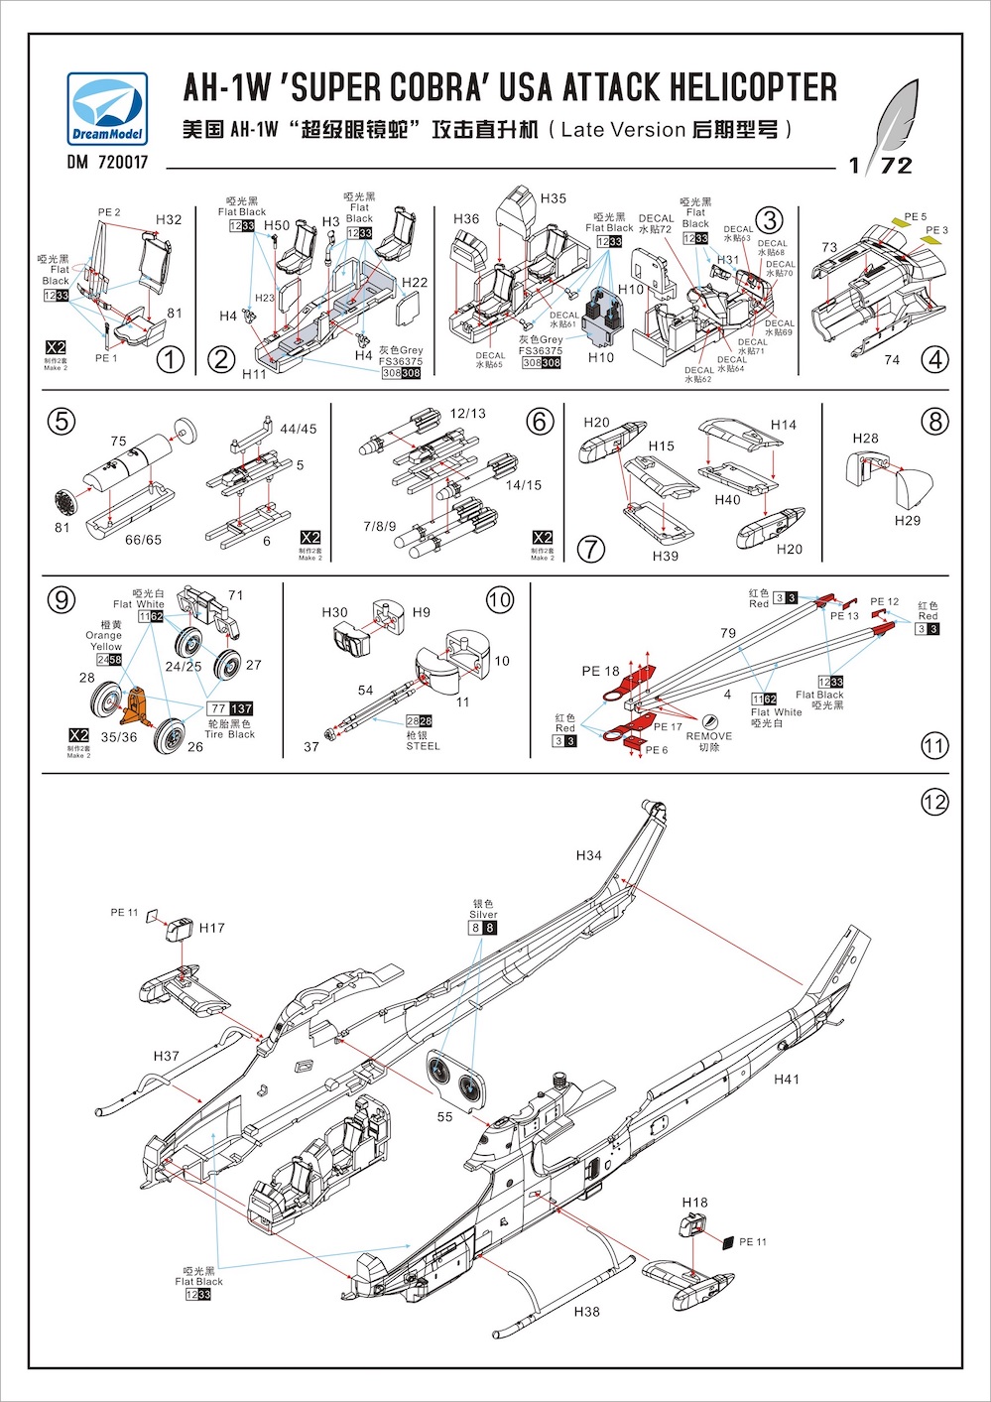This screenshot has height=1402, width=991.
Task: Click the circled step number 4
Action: (x=934, y=359)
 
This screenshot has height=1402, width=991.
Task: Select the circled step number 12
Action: (x=934, y=802)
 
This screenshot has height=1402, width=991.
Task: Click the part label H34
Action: (x=589, y=855)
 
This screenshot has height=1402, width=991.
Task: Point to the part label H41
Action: (x=787, y=1079)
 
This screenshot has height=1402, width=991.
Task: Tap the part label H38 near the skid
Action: (x=587, y=1312)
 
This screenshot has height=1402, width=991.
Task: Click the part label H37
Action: (x=167, y=1056)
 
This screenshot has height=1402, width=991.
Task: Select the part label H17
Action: (x=212, y=928)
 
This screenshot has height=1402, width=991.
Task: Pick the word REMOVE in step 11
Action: (x=708, y=736)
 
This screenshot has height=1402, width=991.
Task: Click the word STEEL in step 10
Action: (x=422, y=746)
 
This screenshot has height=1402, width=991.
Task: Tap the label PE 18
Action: (x=600, y=672)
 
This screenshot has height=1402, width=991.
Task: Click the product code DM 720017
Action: (x=107, y=162)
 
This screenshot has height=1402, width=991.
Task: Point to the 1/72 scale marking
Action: (x=881, y=165)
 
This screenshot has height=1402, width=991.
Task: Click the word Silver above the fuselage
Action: (x=483, y=915)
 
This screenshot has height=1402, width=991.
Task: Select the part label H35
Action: (x=554, y=198)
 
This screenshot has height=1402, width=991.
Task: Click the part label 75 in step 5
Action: (x=119, y=442)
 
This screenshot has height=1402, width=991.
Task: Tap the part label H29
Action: (x=907, y=520)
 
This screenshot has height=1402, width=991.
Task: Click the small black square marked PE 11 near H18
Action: (x=727, y=1242)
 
